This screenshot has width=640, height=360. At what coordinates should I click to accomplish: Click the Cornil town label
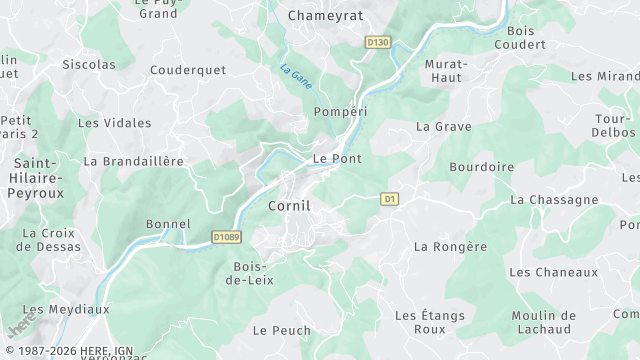pyautogui.click(x=289, y=205)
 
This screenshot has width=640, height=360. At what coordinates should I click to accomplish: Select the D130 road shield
pyautogui.click(x=377, y=43)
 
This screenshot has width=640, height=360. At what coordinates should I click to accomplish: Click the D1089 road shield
pyautogui.click(x=227, y=237)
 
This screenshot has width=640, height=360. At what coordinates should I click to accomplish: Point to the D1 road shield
pyautogui.click(x=390, y=200)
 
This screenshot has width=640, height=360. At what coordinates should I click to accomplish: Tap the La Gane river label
pyautogui.click(x=294, y=76)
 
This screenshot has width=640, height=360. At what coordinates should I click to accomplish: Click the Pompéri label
pyautogui.click(x=336, y=111)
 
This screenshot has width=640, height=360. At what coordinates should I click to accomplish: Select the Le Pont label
pyautogui.click(x=337, y=158)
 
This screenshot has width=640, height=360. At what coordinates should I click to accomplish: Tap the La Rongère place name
pyautogui.click(x=450, y=246)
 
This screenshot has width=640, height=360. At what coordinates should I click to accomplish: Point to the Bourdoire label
pyautogui.click(x=482, y=167)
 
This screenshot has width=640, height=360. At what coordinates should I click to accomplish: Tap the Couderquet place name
pyautogui.click(x=188, y=70)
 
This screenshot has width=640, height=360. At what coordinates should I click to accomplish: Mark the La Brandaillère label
pyautogui.click(x=133, y=160)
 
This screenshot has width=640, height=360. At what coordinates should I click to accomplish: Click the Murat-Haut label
pyautogui.click(x=445, y=70)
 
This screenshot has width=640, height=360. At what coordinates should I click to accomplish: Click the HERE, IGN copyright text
pyautogui.click(x=67, y=352)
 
